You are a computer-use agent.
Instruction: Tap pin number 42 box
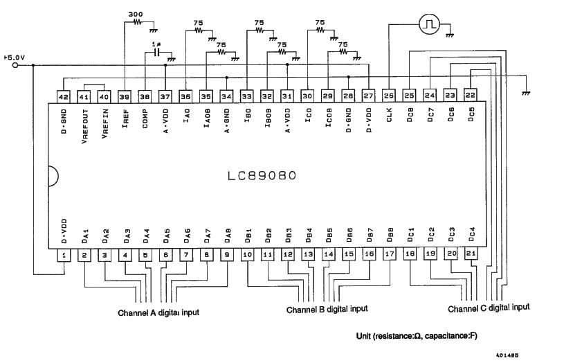(63, 97)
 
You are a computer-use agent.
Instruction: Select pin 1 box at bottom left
(64, 256)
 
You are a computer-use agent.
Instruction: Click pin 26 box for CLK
(388, 97)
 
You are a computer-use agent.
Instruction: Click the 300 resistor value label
(136, 14)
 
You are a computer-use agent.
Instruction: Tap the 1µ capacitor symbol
(157, 53)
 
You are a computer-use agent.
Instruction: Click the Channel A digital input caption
(158, 312)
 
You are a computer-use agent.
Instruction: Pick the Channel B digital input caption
(327, 309)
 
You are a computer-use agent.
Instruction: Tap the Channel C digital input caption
(489, 307)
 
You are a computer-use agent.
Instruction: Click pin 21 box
(471, 255)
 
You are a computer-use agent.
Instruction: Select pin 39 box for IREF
(125, 97)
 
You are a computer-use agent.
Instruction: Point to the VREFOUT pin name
(84, 125)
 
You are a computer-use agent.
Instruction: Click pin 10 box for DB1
(247, 255)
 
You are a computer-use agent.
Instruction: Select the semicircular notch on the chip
(52, 176)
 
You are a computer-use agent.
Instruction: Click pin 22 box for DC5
(471, 96)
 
